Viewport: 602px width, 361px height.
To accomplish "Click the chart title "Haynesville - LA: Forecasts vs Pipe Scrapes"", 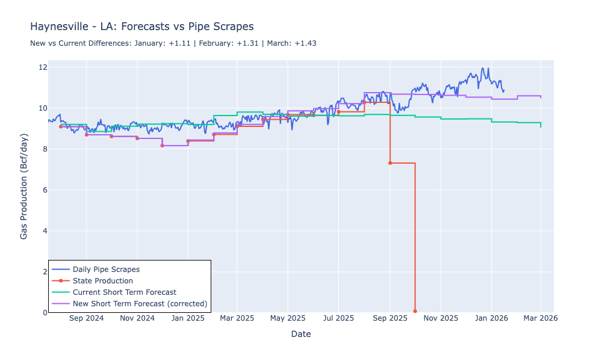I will point(141,27).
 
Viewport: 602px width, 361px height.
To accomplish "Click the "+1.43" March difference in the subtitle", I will point(305,43).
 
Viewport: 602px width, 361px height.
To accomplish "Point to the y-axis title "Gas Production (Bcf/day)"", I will point(24,187).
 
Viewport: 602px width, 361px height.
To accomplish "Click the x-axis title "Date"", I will point(300,334).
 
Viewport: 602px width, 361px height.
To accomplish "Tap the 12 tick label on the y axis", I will point(40,67).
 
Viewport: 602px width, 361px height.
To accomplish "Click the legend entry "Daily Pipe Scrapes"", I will point(106,269).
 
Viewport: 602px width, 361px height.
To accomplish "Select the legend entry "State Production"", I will point(102,280).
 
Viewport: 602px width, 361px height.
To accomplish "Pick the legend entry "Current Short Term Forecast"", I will point(124,292).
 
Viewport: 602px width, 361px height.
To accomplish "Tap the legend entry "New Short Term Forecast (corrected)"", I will point(140,303).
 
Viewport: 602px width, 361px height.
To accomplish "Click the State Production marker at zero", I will point(415,311).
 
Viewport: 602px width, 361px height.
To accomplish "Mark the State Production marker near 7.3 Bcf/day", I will point(390,163).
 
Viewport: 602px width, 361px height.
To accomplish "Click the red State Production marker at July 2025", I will point(338,112).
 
